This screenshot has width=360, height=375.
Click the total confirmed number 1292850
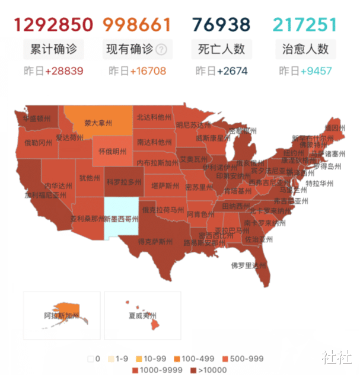[53, 24]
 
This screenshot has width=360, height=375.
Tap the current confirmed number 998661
[136, 24]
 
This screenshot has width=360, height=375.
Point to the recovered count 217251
[305, 24]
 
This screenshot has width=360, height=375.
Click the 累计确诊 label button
[53, 49]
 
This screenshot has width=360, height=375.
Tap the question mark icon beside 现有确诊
[161, 50]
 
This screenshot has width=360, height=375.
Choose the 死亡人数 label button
[221, 49]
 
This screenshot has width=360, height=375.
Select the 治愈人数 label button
[305, 49]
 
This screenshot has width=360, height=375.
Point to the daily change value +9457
[316, 72]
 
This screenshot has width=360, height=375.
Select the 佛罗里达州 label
[249, 265]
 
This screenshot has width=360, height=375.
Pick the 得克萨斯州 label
[155, 242]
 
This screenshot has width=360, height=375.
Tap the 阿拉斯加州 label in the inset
[61, 316]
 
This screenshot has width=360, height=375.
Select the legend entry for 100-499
[196, 358]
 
